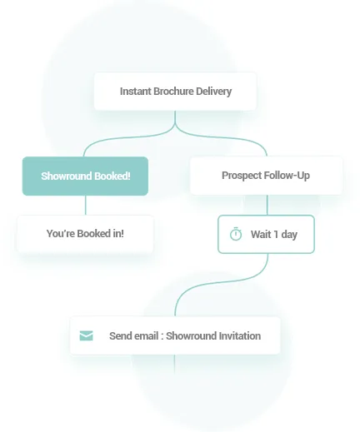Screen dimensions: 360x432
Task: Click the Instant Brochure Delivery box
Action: point(175,92)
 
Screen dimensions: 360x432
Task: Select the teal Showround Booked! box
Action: point(85,176)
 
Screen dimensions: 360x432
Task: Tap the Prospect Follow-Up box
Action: point(266,176)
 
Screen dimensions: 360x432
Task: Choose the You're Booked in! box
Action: point(85,234)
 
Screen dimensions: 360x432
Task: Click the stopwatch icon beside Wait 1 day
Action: point(236,234)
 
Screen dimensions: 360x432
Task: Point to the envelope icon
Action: point(87,335)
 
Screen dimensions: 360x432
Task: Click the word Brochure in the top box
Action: point(173,92)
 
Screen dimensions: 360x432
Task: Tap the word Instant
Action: point(136,92)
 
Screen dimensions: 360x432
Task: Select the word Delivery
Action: point(213,92)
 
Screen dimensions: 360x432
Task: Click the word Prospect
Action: point(242,176)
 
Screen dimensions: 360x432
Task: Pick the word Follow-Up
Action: point(287,176)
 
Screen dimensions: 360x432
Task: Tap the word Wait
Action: point(261,235)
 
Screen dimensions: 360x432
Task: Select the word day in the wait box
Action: point(289,235)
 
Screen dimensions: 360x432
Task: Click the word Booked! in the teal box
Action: point(112,176)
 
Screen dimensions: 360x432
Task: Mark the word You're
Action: point(61,234)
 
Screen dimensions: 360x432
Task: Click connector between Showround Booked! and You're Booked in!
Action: point(86,206)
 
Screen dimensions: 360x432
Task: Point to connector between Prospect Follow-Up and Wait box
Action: point(267,205)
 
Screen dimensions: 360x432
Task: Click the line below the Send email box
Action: point(175,364)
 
